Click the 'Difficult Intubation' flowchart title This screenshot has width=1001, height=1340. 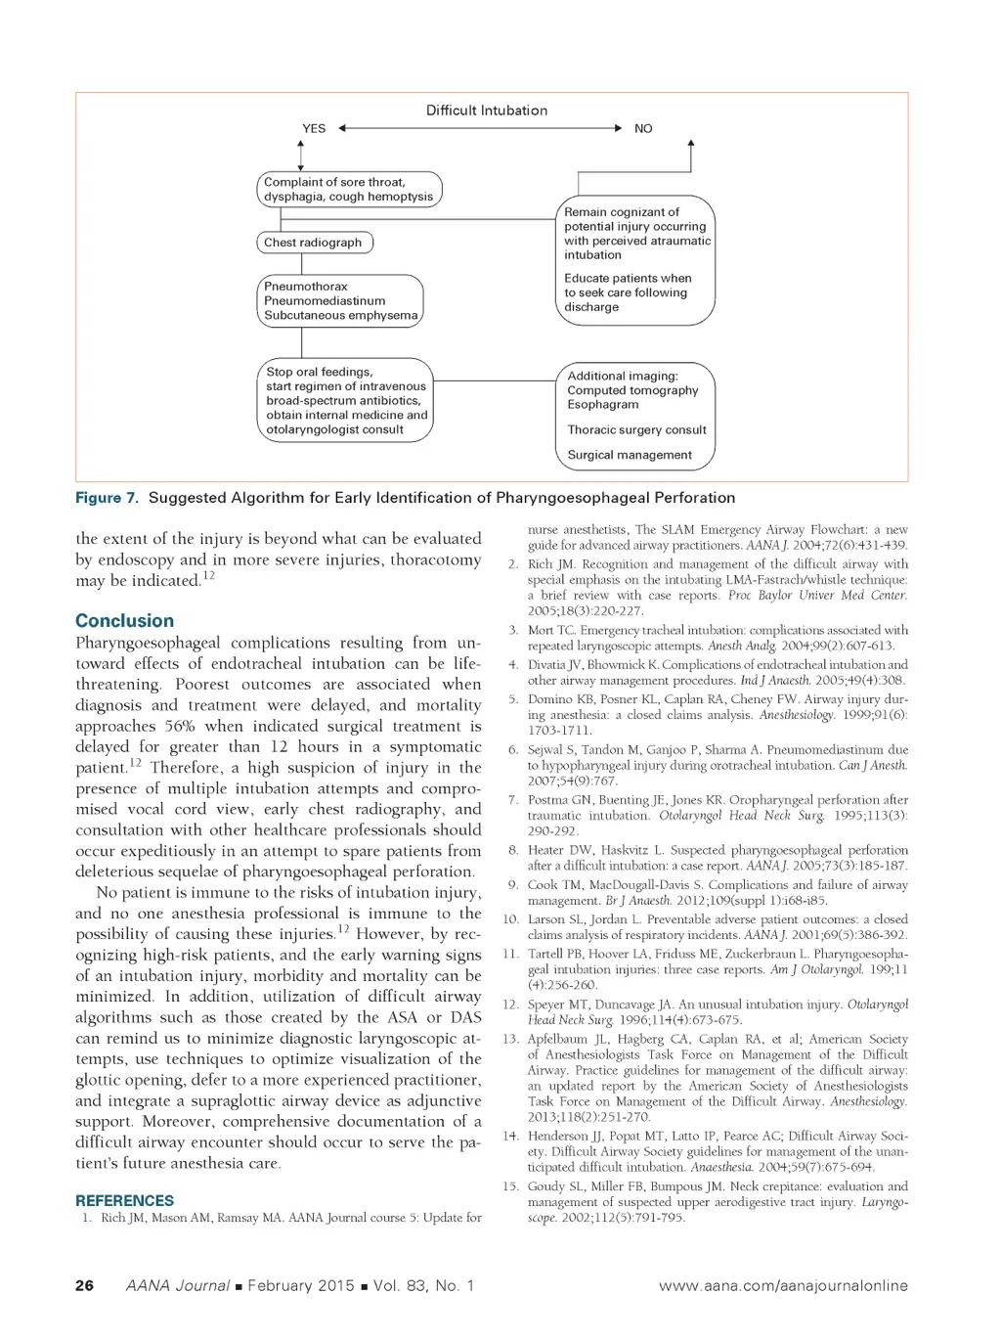pos(486,111)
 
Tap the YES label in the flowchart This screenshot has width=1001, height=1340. pos(314,128)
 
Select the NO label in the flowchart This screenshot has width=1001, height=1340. pos(643,128)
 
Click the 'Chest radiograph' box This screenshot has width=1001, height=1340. pos(314,243)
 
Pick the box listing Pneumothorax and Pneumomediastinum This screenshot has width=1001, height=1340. pos(340,301)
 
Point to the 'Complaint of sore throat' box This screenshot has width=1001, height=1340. pos(349,189)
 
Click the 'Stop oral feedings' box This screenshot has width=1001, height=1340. pos(347,401)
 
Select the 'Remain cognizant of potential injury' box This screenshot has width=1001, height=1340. pos(636,259)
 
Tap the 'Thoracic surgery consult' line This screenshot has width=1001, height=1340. pos(636,429)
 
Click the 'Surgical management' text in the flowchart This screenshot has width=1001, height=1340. pos(630,455)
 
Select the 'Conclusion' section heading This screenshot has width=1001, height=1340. pos(124,621)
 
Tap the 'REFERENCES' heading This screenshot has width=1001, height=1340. pos(124,1200)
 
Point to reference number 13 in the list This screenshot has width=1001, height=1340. pos(510,1039)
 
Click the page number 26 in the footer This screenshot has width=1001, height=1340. pos(85,1285)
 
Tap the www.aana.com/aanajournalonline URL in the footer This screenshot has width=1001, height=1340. pos(783,1286)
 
